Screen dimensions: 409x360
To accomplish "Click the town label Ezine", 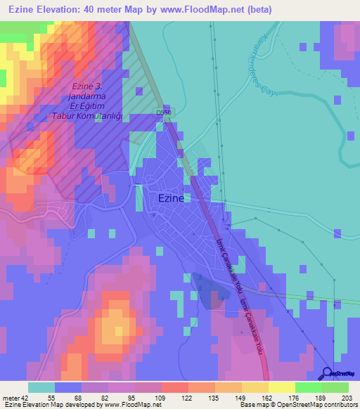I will [x=169, y=198].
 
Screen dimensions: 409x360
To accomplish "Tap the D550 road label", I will [x=164, y=112].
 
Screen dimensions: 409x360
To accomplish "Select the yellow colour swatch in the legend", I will [x=281, y=387].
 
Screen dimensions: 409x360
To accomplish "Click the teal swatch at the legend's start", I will [x=41, y=387].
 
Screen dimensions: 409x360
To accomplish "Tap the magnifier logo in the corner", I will [x=328, y=375].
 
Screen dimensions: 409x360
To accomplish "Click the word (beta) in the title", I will [x=257, y=10].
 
